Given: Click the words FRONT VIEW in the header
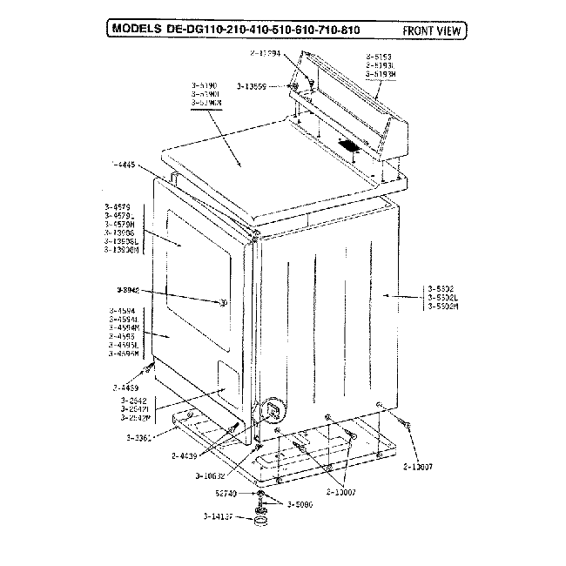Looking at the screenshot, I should pyautogui.click(x=431, y=30).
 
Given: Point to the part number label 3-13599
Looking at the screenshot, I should pyautogui.click(x=263, y=86).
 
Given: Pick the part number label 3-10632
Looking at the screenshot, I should pyautogui.click(x=211, y=475).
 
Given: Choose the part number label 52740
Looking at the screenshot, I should pyautogui.click(x=227, y=492).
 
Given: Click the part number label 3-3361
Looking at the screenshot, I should pyautogui.click(x=139, y=437).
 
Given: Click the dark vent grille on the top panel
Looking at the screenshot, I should pyautogui.click(x=348, y=145).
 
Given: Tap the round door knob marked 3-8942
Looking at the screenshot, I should pyautogui.click(x=224, y=302).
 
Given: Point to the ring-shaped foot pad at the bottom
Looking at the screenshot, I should pyautogui.click(x=259, y=522).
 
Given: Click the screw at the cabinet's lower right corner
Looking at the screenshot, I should pyautogui.click(x=403, y=421).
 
